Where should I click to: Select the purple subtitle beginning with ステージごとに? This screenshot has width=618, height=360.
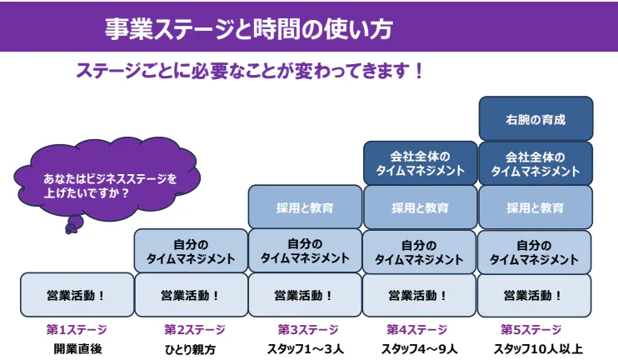click(x=249, y=71)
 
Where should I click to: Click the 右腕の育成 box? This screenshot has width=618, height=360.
click(x=535, y=119)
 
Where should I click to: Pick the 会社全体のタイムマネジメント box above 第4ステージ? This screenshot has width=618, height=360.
click(x=420, y=163)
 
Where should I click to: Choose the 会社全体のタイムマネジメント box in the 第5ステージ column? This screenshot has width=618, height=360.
click(x=535, y=163)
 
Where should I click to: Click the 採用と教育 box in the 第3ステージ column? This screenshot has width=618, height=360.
click(x=305, y=207)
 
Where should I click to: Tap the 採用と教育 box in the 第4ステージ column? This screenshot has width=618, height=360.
click(x=420, y=207)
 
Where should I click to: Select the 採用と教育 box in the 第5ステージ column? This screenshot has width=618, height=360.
click(x=535, y=207)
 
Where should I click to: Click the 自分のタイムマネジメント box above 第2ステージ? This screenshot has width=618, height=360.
click(x=191, y=252)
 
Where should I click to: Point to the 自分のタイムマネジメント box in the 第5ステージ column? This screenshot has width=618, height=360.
click(x=535, y=252)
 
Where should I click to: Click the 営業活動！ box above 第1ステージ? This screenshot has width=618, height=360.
click(x=77, y=295)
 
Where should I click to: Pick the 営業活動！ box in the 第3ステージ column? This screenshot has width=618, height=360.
click(x=305, y=295)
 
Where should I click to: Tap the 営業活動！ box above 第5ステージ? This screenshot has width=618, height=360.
click(x=535, y=295)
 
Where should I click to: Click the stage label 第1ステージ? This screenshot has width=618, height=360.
click(x=77, y=329)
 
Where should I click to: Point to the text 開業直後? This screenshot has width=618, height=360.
click(x=77, y=348)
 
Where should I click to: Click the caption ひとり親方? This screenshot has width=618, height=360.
click(x=191, y=348)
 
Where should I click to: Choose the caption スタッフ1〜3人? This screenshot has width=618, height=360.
click(x=305, y=348)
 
